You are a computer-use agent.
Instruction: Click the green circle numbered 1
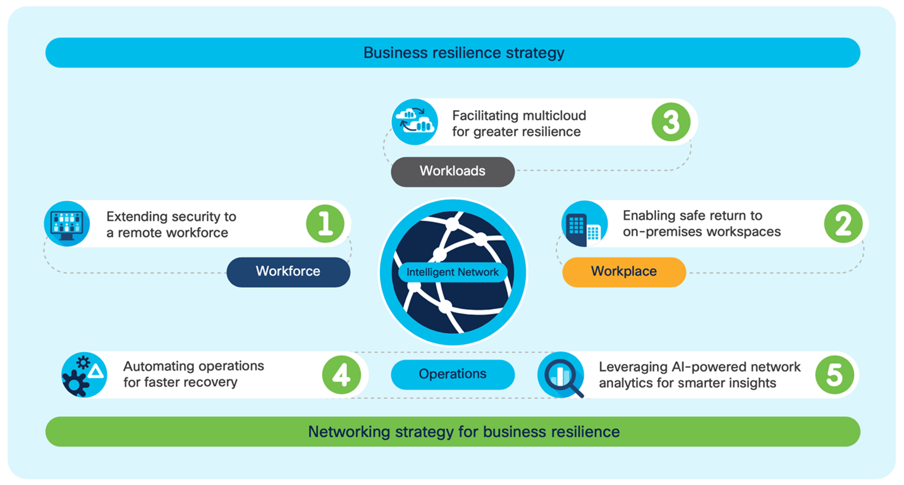pos(325,224)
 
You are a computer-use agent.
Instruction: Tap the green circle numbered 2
pos(843,224)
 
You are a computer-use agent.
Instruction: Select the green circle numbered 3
pos(671,123)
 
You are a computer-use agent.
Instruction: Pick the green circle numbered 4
pos(341,375)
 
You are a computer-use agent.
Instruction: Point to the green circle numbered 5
pos(834,375)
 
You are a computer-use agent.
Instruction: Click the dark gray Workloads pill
pos(453,171)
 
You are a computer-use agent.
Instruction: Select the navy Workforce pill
pos(288,272)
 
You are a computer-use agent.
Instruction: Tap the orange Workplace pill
pos(624,272)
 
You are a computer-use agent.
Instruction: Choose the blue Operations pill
pos(453,374)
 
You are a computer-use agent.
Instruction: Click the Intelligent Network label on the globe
pos(453,273)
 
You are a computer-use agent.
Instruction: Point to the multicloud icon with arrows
pos(415,122)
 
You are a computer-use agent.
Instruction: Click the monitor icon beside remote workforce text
pos(66,224)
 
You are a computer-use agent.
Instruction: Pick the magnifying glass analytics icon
pos(560,375)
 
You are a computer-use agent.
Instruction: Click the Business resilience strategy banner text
pos(463,52)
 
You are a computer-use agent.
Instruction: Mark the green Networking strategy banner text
pos(463,432)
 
